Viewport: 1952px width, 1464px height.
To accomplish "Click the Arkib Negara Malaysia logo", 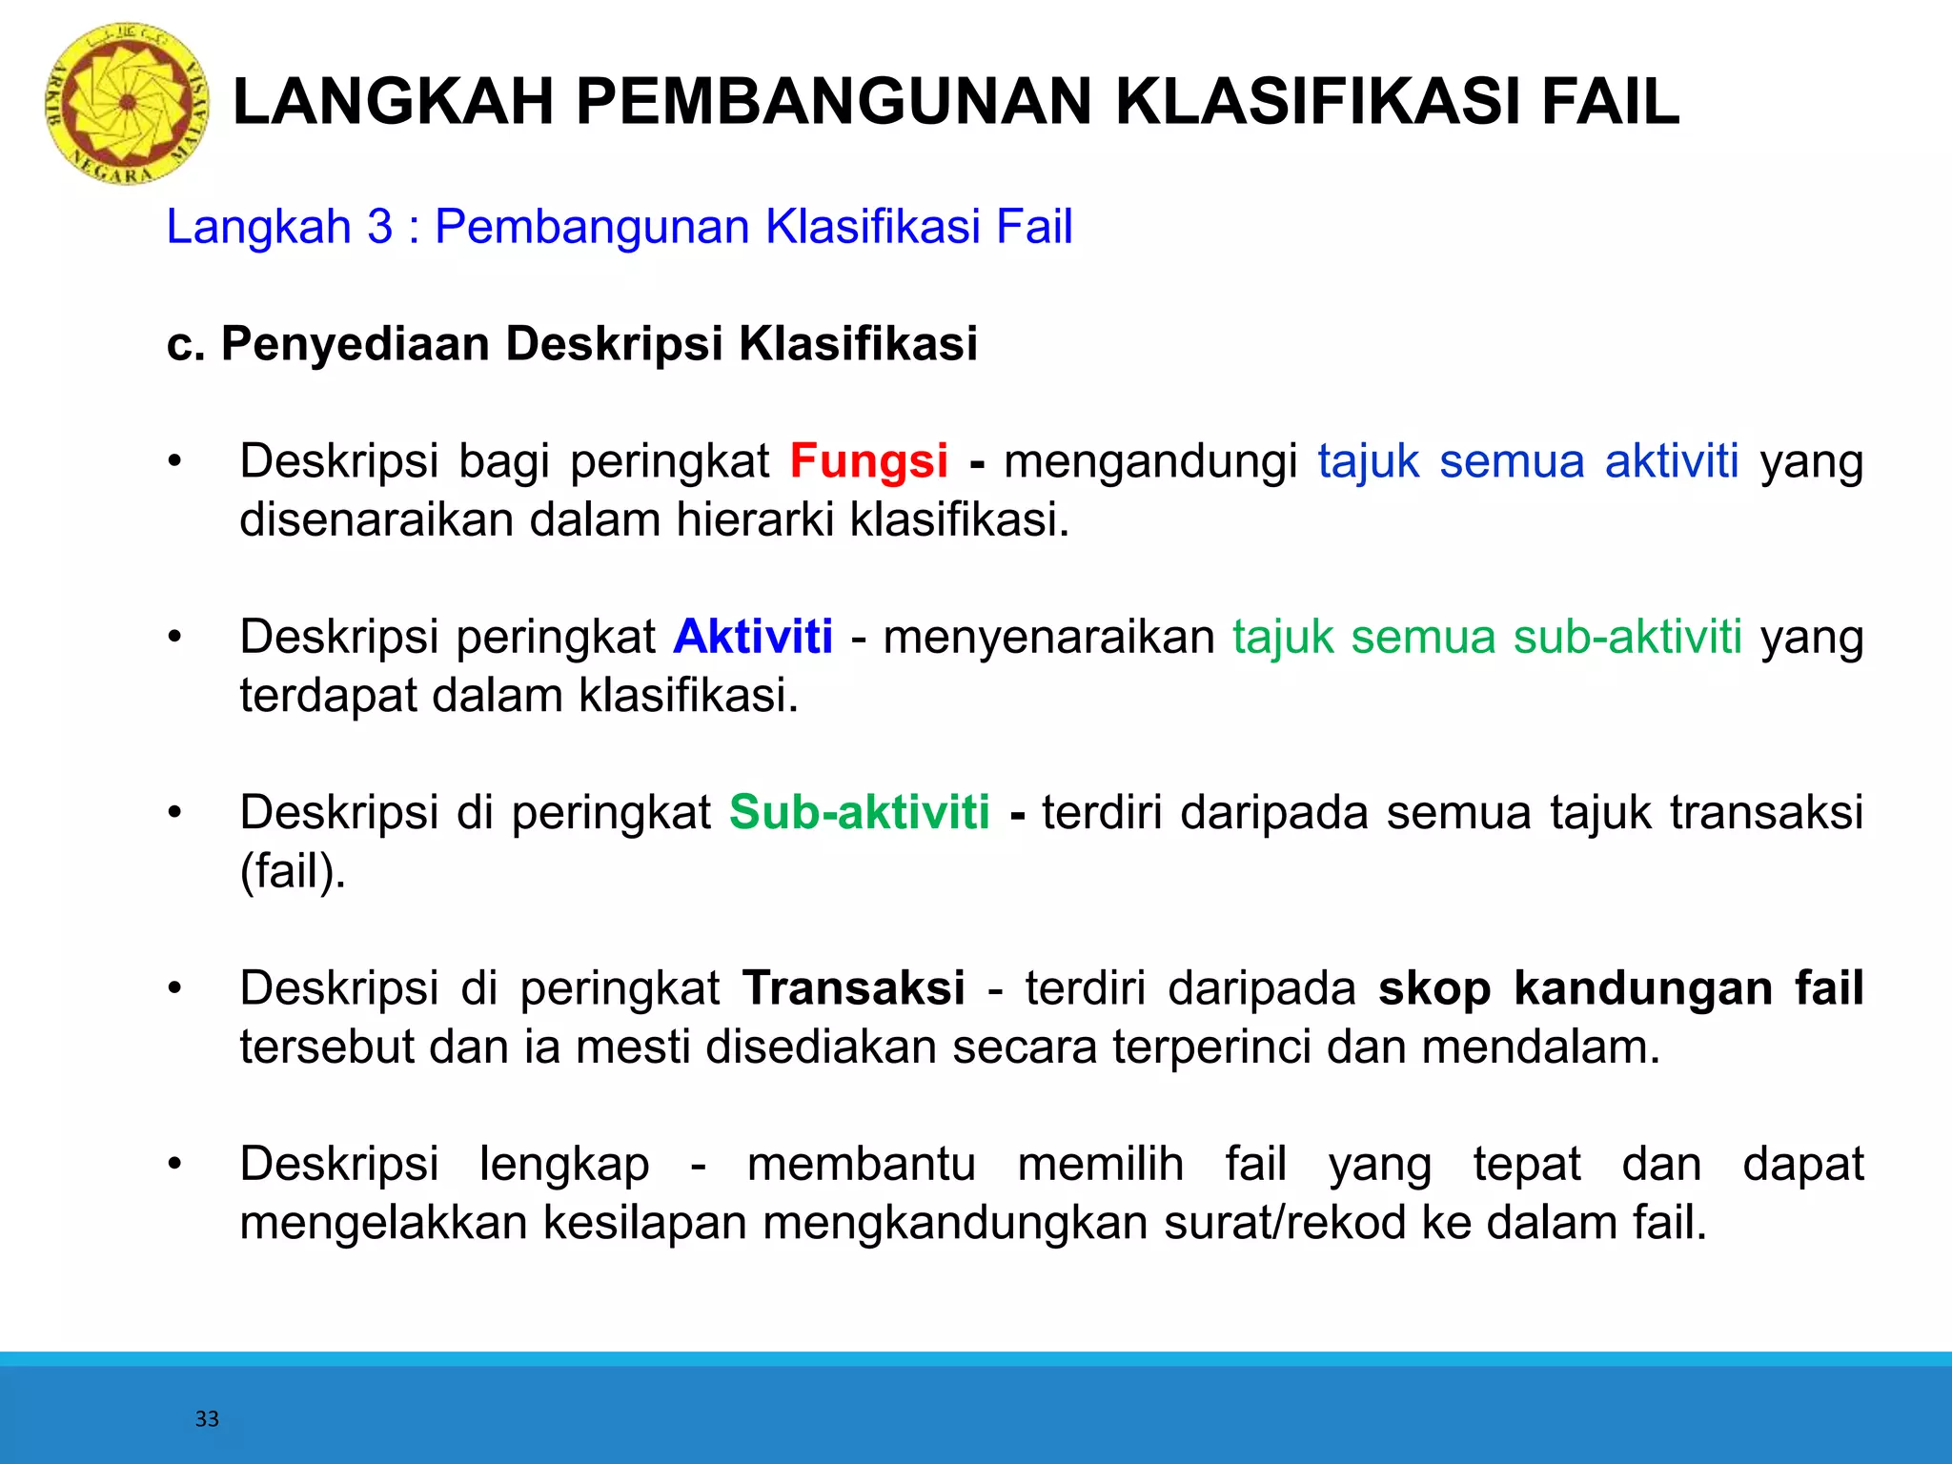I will (x=127, y=104).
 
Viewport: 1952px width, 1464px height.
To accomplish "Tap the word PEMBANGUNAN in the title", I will (x=833, y=102).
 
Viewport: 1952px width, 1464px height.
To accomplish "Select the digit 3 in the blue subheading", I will (x=379, y=227).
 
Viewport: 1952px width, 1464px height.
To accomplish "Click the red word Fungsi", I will (x=868, y=461).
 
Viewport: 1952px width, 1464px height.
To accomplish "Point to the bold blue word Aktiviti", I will (x=753, y=637).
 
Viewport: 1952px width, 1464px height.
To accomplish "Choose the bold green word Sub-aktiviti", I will (x=859, y=812).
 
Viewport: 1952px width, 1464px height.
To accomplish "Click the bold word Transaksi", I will (x=853, y=987).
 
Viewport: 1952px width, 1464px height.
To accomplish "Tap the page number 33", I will (x=207, y=1419).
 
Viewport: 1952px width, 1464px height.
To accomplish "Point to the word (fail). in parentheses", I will (x=293, y=871).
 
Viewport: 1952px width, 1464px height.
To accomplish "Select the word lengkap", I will (x=564, y=1165).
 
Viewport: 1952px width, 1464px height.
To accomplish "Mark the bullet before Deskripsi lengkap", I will (x=173, y=1164).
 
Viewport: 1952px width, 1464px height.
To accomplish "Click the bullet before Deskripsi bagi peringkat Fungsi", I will (x=173, y=461).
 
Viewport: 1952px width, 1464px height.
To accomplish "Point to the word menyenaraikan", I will (x=1048, y=637).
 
